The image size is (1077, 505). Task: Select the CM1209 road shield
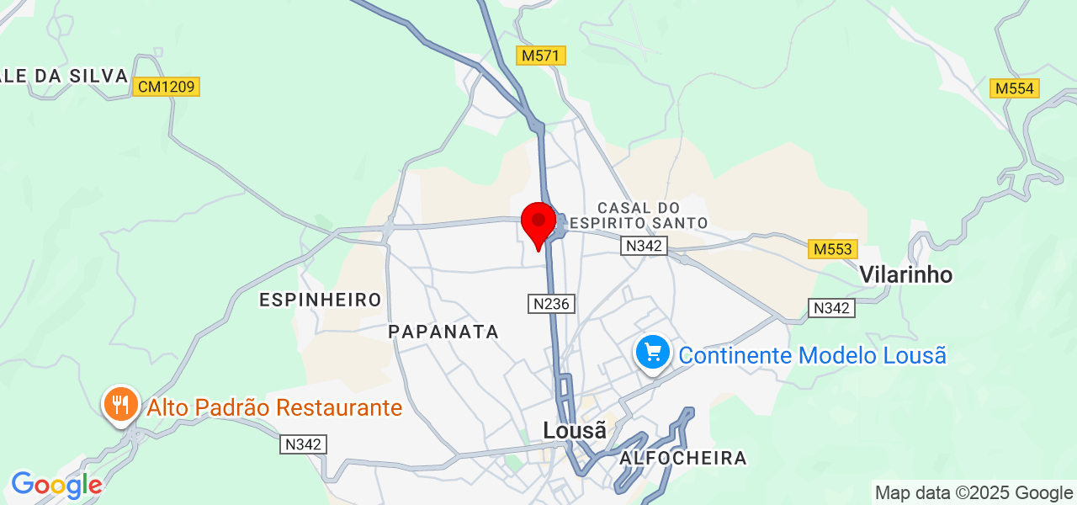click(x=166, y=86)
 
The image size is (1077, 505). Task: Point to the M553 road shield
click(x=833, y=249)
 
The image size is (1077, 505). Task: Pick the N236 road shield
click(x=551, y=304)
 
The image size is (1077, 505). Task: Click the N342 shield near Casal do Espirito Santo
click(x=644, y=246)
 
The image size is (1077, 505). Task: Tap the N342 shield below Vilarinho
click(x=831, y=308)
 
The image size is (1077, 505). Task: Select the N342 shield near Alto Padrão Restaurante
click(x=303, y=444)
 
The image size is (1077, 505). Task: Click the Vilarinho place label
click(x=905, y=274)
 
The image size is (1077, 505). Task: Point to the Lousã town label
click(x=575, y=430)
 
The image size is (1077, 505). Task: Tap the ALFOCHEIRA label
click(x=683, y=459)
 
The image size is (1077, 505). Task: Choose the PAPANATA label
click(x=443, y=332)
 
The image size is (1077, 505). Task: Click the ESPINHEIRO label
click(x=321, y=300)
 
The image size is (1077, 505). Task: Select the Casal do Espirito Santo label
click(x=638, y=215)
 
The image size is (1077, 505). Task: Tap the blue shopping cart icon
click(x=653, y=353)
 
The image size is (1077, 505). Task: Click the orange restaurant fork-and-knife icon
click(x=121, y=406)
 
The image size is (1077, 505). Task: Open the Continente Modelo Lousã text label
click(x=812, y=355)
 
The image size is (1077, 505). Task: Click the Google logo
click(x=56, y=486)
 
